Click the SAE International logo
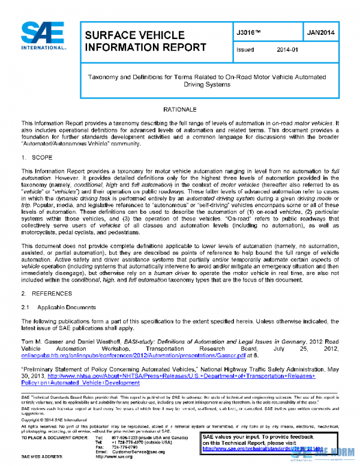(x=43, y=37)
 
